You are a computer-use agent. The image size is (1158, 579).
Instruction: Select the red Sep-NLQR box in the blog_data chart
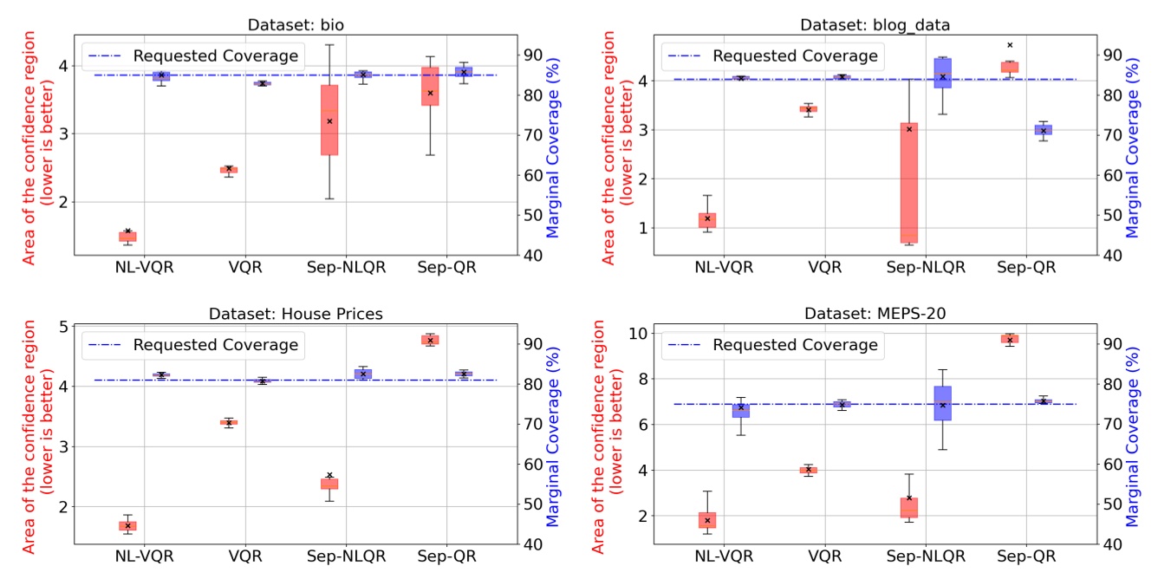908,182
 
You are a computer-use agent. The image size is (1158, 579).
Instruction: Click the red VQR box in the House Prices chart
229,422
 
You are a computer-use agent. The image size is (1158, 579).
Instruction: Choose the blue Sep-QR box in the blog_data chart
1044,130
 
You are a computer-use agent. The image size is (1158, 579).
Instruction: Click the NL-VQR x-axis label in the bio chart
145,267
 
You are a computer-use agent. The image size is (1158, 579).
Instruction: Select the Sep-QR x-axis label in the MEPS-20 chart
1027,556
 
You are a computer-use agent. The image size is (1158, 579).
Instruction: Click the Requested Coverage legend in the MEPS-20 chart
771,345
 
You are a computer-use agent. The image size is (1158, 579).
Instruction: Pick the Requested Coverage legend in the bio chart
192,56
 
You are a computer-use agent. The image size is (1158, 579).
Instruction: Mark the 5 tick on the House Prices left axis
61,327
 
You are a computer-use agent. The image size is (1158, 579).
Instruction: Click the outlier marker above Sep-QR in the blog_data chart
1010,45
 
